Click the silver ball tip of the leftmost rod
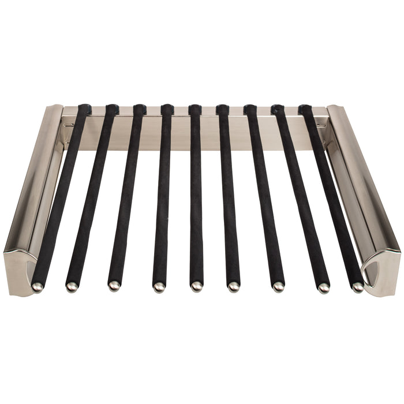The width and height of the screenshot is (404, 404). pos(38,286)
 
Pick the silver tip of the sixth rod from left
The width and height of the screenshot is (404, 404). pos(234,286)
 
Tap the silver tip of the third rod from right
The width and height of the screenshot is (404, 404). pos(278,286)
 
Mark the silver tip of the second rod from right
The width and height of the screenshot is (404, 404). pos(324,287)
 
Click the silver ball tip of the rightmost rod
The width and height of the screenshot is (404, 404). pos(358,286)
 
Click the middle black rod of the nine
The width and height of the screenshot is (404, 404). pos(196,196)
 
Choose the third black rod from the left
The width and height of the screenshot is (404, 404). pos(127,196)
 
